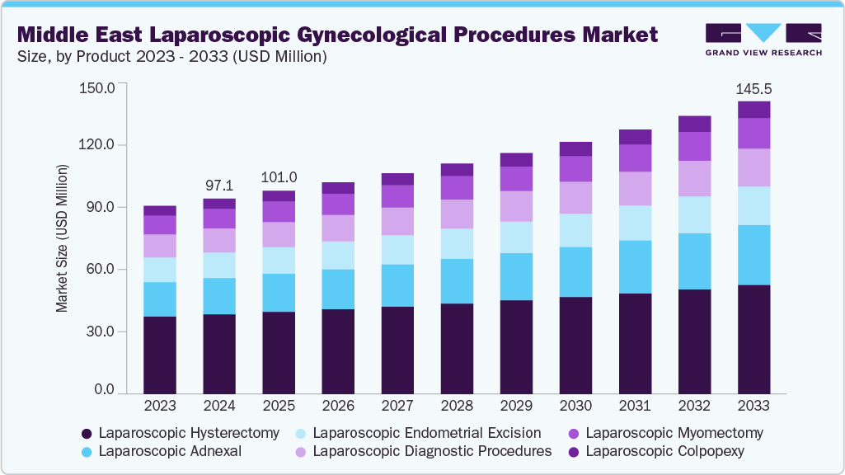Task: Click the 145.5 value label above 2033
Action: (x=753, y=88)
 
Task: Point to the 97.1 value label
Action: (x=219, y=186)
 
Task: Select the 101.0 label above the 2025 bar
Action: (x=279, y=177)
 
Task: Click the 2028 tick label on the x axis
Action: (x=457, y=406)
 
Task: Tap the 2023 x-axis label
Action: (x=160, y=406)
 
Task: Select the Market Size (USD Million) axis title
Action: (x=63, y=237)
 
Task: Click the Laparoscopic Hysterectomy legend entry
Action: (x=189, y=433)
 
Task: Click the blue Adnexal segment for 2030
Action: (x=575, y=271)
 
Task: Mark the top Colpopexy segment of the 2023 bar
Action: (x=160, y=210)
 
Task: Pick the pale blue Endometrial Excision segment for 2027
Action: (x=397, y=250)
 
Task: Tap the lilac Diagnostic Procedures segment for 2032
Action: (x=694, y=178)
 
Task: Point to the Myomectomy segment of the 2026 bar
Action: (x=338, y=205)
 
